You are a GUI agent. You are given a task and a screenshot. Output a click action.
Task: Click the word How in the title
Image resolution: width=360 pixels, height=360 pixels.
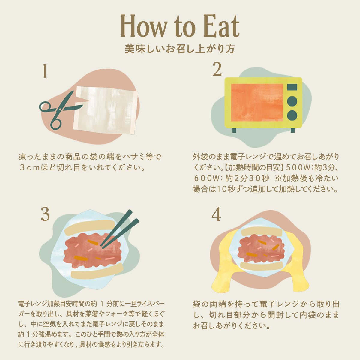pyautogui.click(x=144, y=26)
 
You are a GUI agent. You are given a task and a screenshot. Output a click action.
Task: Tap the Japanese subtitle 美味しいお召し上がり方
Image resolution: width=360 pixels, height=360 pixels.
pyautogui.click(x=180, y=49)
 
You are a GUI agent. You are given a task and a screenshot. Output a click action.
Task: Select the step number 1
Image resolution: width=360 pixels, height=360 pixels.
pyautogui.click(x=45, y=71)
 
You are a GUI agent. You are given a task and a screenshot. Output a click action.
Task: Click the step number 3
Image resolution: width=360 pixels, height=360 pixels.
pyautogui.click(x=45, y=214)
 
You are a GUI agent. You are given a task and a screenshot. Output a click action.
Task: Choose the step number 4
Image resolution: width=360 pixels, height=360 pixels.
pyautogui.click(x=216, y=214)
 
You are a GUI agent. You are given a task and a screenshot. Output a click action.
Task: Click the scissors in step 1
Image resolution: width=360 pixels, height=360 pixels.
pyautogui.click(x=59, y=110)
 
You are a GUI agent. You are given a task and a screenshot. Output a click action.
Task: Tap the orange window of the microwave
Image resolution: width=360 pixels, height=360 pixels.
pyautogui.click(x=257, y=103)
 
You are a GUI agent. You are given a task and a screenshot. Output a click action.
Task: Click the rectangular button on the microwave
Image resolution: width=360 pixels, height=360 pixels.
pyautogui.click(x=292, y=87)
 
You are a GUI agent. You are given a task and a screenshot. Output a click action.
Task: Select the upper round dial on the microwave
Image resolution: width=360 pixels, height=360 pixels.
pyautogui.click(x=292, y=101)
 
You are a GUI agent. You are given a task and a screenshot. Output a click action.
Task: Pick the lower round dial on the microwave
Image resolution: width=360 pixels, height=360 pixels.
pyautogui.click(x=292, y=115)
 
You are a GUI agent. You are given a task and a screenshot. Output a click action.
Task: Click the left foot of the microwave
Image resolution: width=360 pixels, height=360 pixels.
pyautogui.click(x=234, y=130)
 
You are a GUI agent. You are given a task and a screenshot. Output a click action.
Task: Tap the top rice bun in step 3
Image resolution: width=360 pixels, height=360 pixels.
pyautogui.click(x=90, y=227)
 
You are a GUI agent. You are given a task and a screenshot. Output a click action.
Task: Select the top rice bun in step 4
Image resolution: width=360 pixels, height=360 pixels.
pyautogui.click(x=262, y=232)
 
